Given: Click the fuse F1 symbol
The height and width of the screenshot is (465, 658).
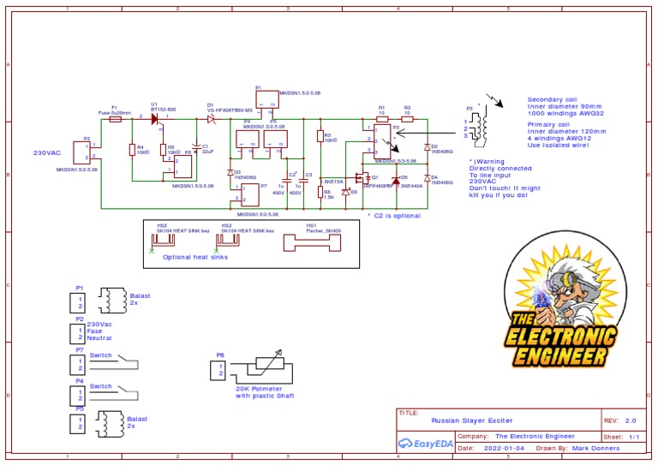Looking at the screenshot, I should click(x=115, y=121).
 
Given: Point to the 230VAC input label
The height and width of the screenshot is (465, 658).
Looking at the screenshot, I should click(x=47, y=152).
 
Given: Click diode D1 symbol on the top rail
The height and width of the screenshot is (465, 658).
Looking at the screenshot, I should click(x=211, y=121).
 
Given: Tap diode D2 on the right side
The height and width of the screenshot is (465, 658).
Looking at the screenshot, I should click(x=427, y=147).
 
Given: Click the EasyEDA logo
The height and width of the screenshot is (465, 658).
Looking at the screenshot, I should click(x=425, y=445).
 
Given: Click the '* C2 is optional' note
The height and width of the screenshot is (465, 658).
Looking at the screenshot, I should click(x=393, y=216).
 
